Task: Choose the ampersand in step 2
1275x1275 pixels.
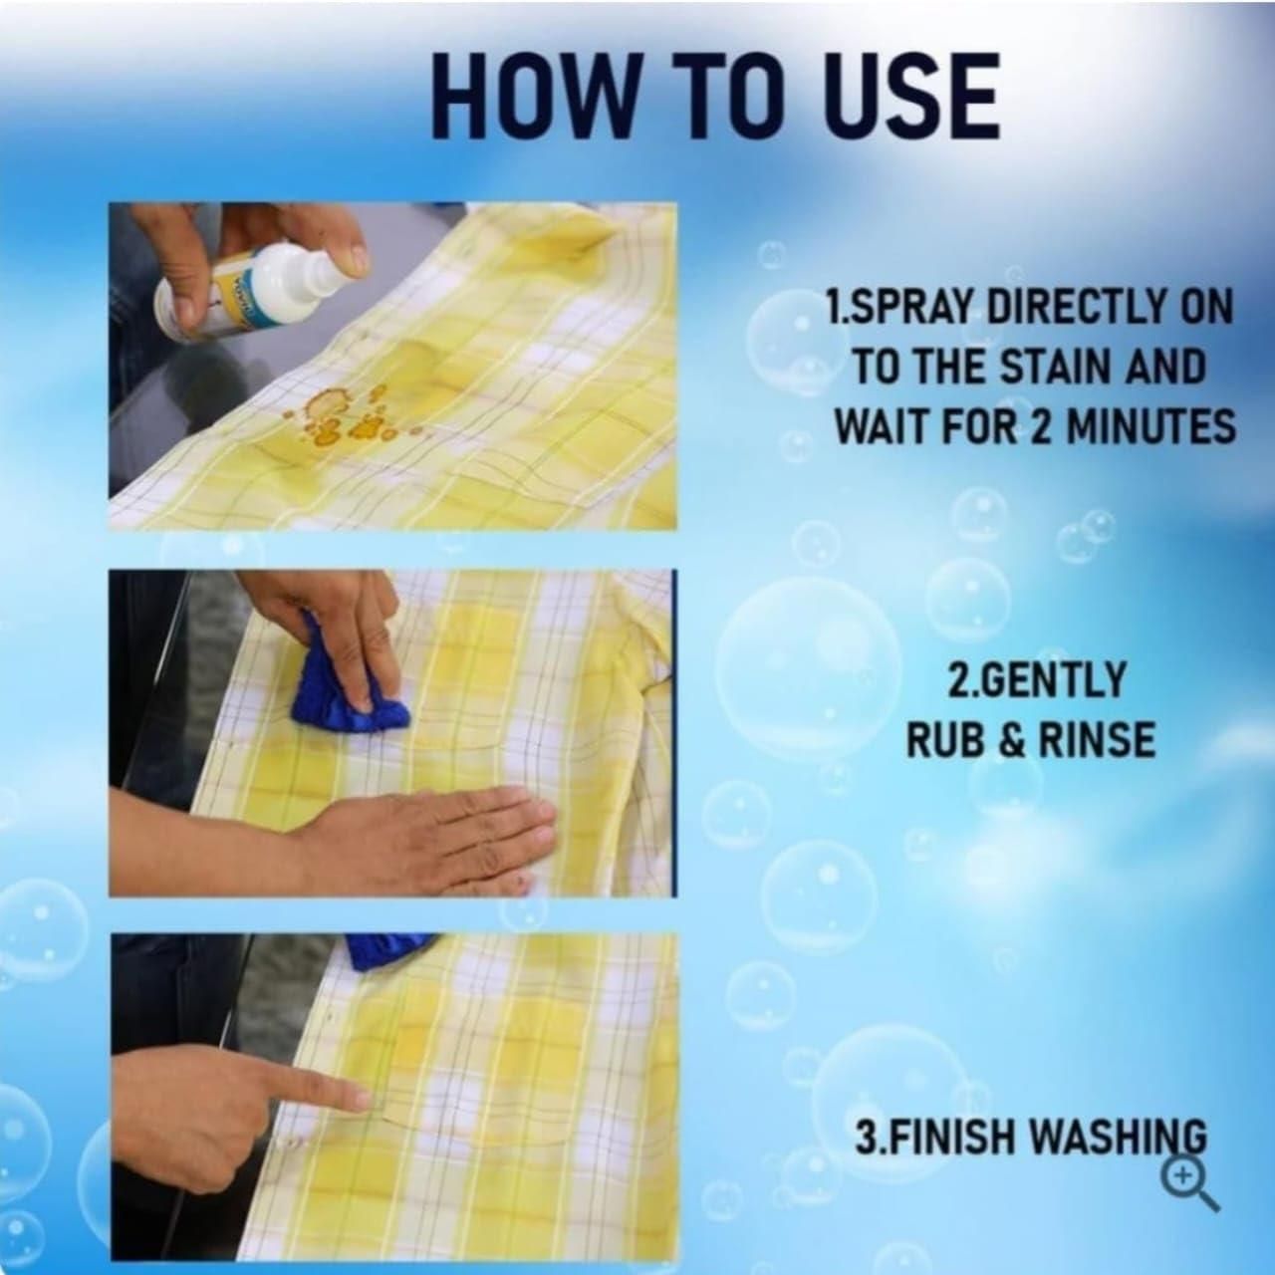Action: click(1013, 740)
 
